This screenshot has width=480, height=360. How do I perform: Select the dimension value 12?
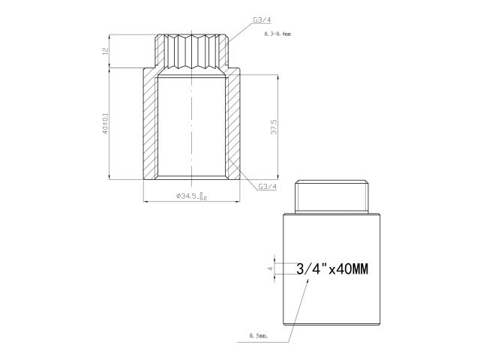click(x=106, y=51)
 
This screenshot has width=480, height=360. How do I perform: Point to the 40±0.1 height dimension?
click(x=106, y=124)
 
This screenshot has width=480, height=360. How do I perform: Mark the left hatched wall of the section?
click(x=149, y=124)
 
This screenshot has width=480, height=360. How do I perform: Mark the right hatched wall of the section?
click(x=232, y=124)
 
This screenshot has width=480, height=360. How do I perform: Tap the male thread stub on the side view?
click(x=333, y=196)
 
